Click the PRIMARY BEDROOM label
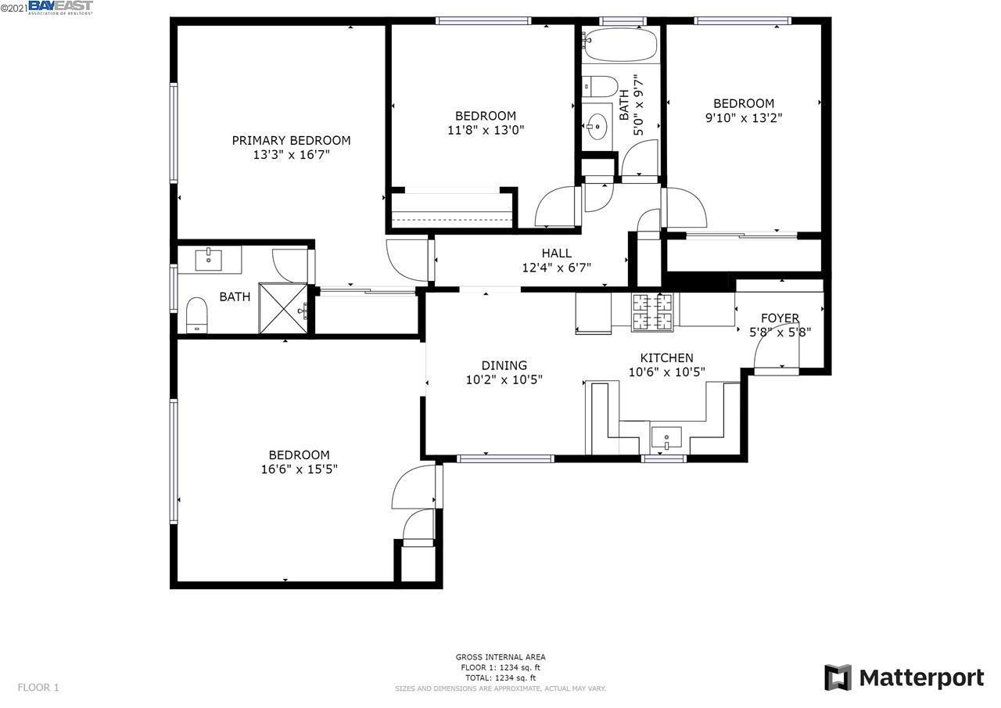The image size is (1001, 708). coord(291,141)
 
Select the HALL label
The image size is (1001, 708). coord(556,253)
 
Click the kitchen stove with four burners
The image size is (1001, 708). coord(652,311)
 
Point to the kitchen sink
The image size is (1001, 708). coord(666,437)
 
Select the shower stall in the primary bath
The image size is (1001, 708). coord(282,310)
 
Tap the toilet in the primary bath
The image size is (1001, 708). coord(197,314)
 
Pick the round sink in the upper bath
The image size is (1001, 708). coord(598,124)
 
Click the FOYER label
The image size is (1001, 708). coord(780,318)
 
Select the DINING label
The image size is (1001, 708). coord(504,365)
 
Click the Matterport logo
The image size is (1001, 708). coord(904,677)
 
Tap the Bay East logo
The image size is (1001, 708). coord(60,8)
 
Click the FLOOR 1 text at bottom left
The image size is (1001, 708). coord(38,688)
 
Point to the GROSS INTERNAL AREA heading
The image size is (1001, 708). coord(500,657)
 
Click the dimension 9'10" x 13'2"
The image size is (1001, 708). coord(743,118)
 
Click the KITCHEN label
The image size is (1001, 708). coord(666,358)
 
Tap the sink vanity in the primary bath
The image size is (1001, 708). coord(209,259)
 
